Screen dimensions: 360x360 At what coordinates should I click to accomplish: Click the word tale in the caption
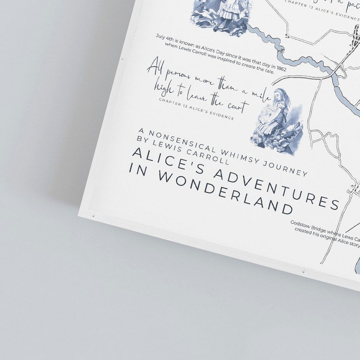pos(267,71)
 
